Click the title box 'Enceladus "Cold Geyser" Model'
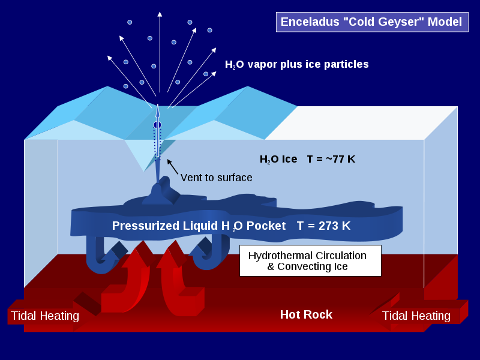click(x=372, y=22)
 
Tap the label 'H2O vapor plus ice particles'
click(x=296, y=64)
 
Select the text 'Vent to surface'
click(x=217, y=178)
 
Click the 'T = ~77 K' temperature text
click(x=331, y=159)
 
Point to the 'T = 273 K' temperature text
click(x=323, y=226)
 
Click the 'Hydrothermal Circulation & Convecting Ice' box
click(x=310, y=261)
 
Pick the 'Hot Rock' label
click(x=306, y=314)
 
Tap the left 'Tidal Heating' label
click(x=45, y=316)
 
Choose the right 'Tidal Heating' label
click(x=416, y=316)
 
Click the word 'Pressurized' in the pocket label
click(x=145, y=226)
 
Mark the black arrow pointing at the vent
click(x=172, y=167)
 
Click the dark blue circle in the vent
click(x=157, y=125)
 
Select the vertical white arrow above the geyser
click(x=160, y=52)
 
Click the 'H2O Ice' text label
click(x=278, y=159)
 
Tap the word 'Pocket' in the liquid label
click(x=266, y=226)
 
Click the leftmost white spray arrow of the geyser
click(x=130, y=82)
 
